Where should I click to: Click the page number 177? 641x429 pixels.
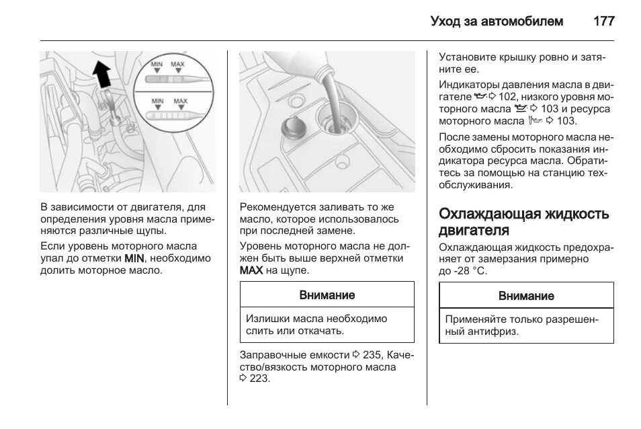click(604, 21)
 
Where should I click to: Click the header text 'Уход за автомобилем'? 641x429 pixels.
click(497, 21)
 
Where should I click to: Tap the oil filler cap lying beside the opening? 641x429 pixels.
click(291, 127)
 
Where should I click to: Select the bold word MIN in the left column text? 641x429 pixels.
click(133, 258)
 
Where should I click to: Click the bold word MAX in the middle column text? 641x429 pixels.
click(251, 270)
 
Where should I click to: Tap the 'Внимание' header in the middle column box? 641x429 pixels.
click(327, 295)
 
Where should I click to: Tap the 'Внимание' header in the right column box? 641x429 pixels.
click(526, 296)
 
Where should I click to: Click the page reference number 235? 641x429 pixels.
click(372, 354)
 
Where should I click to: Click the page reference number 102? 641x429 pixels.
click(508, 97)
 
